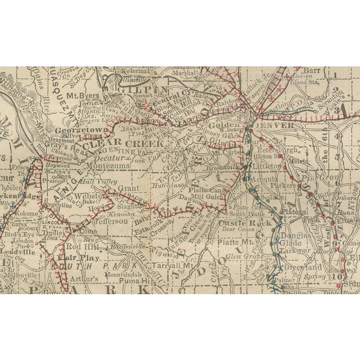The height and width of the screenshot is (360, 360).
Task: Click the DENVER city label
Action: (277, 125)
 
